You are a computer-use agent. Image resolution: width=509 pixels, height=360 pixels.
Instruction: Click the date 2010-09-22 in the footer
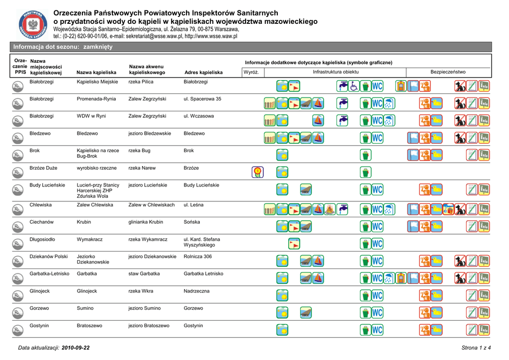click(76, 347)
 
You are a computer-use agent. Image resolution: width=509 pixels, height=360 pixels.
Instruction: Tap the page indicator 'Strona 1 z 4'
click(476, 347)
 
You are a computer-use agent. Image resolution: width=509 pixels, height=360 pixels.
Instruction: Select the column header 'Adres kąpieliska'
click(203, 73)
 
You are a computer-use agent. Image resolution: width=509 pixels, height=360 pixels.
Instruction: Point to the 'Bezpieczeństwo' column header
click(448, 72)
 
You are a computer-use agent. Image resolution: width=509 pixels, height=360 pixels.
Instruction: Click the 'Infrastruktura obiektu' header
click(336, 72)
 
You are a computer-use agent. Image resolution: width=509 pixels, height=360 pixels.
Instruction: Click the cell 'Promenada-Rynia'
click(96, 99)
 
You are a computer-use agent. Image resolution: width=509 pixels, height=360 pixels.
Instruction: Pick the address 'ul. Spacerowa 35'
click(202, 99)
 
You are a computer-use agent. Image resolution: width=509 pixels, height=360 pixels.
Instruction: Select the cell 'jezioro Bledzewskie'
click(150, 134)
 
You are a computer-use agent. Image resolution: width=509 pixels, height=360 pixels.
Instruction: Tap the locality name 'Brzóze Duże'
click(44, 168)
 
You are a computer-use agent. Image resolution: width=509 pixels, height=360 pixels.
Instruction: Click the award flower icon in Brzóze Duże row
click(257, 172)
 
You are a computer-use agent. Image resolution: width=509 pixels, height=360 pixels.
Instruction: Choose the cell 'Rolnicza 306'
click(198, 257)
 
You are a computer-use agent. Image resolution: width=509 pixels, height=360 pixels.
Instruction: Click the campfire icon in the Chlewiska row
click(329, 209)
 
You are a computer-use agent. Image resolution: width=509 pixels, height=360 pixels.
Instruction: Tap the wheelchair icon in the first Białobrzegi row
click(353, 86)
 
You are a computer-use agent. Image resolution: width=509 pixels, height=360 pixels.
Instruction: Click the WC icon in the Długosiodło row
click(377, 244)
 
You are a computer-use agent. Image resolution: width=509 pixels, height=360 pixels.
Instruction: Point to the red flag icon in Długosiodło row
click(294, 244)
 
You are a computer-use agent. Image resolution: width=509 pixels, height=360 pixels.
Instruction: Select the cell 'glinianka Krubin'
click(146, 222)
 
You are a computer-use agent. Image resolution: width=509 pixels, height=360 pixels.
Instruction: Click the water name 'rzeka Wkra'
click(141, 291)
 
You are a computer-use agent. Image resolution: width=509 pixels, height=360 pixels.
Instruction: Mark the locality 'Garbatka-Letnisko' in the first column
click(50, 273)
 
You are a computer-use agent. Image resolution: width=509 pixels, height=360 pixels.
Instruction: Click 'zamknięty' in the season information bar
click(97, 47)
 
